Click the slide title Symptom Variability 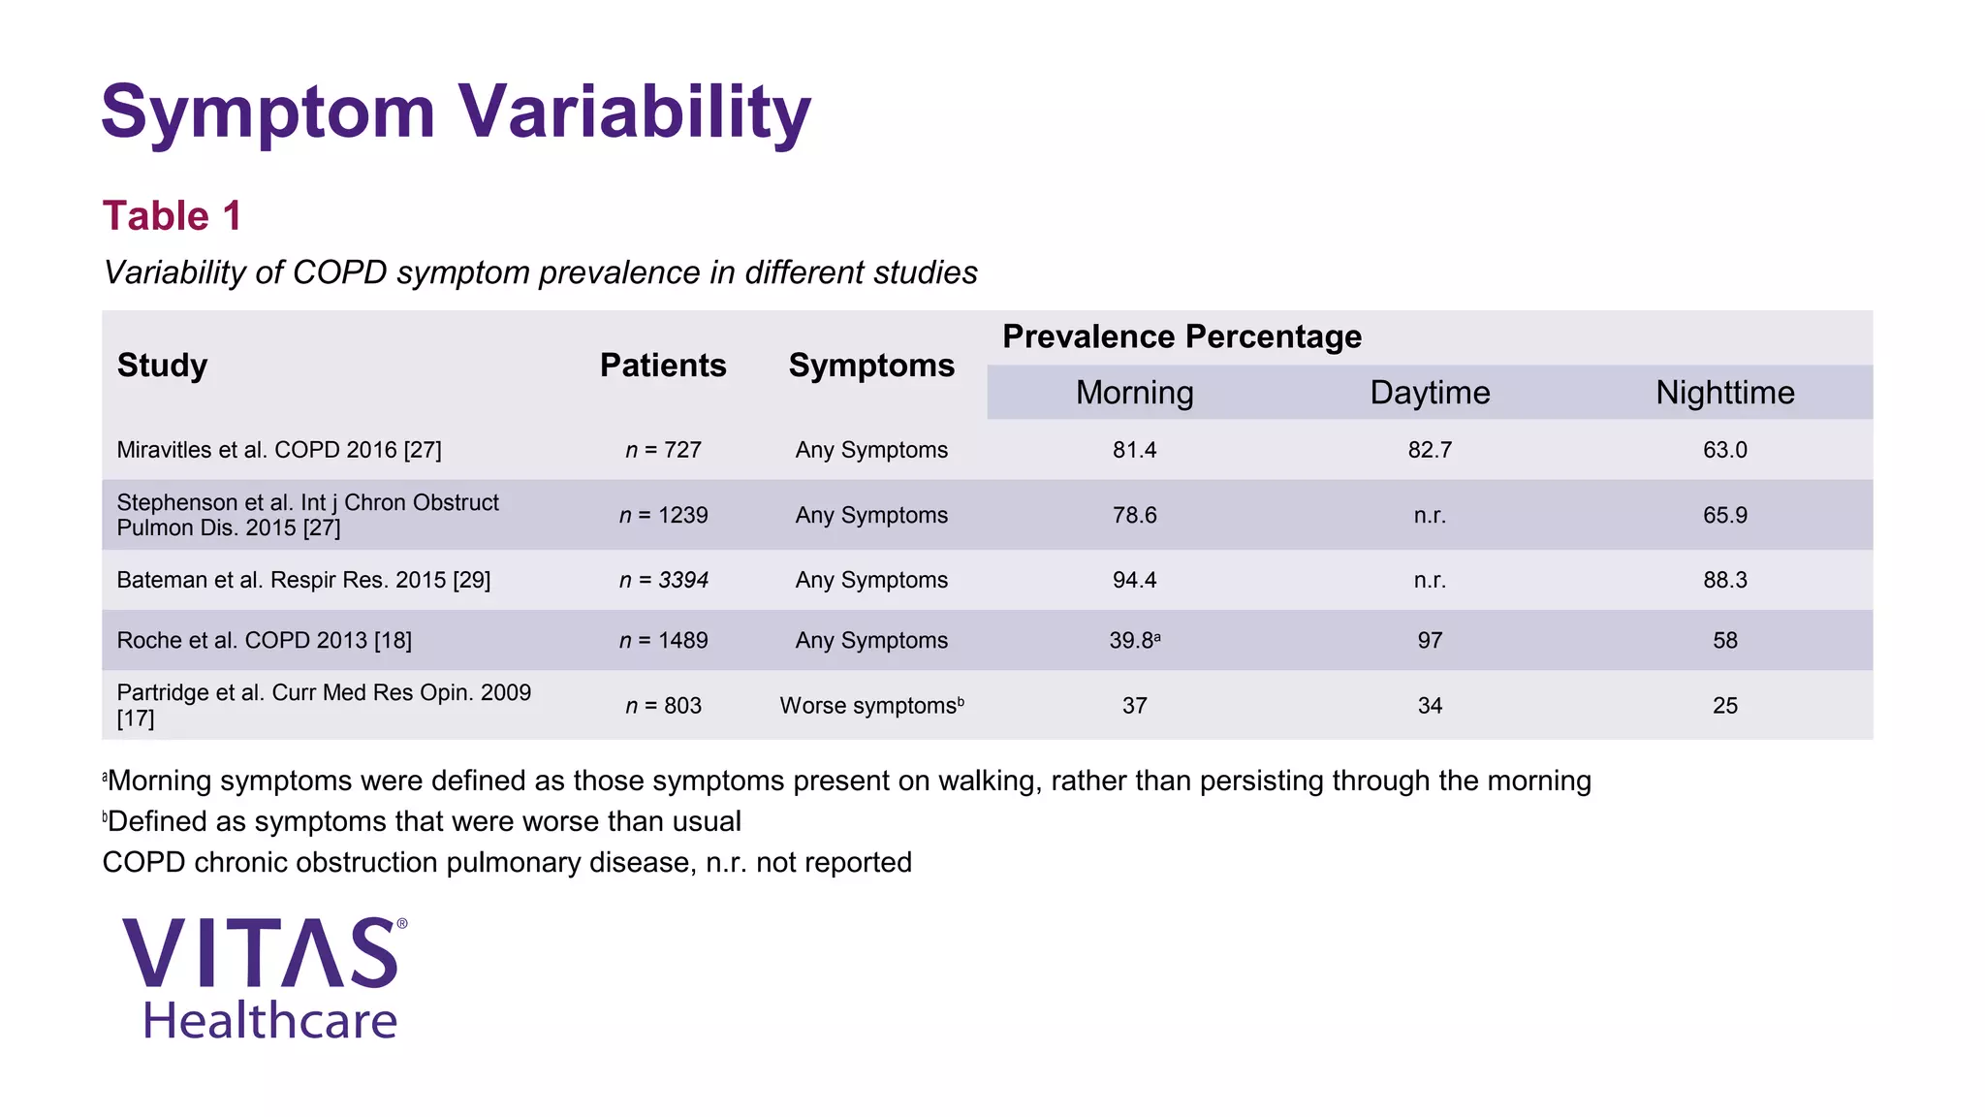click(456, 112)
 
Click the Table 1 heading click(172, 215)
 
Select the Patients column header click(663, 366)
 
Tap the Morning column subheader click(1134, 393)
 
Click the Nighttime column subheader click(1724, 393)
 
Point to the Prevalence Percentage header click(1182, 336)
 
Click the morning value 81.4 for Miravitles click(1134, 450)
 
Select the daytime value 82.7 click(1430, 450)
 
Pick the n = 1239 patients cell click(663, 515)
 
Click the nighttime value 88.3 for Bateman click(1724, 580)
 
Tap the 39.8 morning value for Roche click(1132, 641)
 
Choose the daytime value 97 click(1430, 641)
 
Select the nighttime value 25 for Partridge click(1724, 706)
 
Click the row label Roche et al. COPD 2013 click(264, 641)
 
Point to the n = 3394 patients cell click(663, 580)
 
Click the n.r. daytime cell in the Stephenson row click(1430, 515)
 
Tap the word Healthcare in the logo click(269, 1021)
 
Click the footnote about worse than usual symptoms click(423, 821)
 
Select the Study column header click(162, 366)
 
